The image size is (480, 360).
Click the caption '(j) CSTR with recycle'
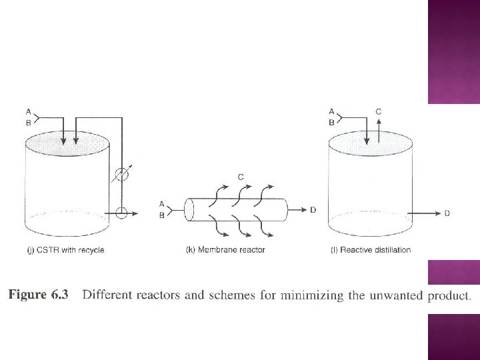pyautogui.click(x=65, y=250)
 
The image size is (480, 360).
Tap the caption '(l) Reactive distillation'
pyautogui.click(x=371, y=250)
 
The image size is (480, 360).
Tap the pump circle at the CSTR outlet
pyautogui.click(x=121, y=213)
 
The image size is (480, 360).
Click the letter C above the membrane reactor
pyautogui.click(x=240, y=177)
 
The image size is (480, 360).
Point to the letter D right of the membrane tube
pyautogui.click(x=313, y=210)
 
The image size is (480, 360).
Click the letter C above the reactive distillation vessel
pyautogui.click(x=379, y=112)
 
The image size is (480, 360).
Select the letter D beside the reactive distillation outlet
pyautogui.click(x=447, y=213)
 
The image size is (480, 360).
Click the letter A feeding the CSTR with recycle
pyautogui.click(x=27, y=111)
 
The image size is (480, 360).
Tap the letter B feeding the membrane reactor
pyautogui.click(x=162, y=215)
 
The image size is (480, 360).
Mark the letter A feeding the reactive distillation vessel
pyautogui.click(x=332, y=111)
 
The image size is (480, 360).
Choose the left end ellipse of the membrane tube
pyautogui.click(x=189, y=209)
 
